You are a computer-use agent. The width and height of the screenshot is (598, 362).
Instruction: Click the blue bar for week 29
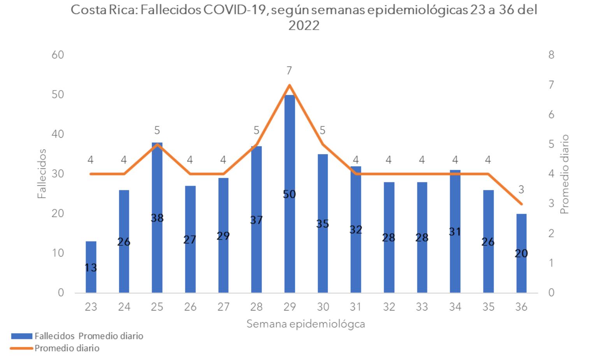pyautogui.click(x=289, y=234)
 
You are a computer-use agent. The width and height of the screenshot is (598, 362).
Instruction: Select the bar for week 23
pyautogui.click(x=91, y=273)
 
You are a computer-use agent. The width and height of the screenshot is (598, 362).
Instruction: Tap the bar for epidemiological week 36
pyautogui.click(x=521, y=273)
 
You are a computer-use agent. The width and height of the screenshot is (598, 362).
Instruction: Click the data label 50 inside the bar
pyautogui.click(x=289, y=194)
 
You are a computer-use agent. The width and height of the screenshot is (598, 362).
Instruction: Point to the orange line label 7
pyautogui.click(x=289, y=71)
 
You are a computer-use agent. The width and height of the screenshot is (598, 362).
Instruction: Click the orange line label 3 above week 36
pyautogui.click(x=521, y=190)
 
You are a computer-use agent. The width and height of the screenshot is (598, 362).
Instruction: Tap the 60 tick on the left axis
pyautogui.click(x=58, y=55)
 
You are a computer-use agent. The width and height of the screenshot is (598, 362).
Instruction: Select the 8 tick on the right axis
pyautogui.click(x=551, y=55)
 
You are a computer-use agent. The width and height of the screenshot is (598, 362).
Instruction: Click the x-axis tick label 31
pyautogui.click(x=355, y=307)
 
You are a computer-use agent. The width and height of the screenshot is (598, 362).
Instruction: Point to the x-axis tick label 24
pyautogui.click(x=124, y=307)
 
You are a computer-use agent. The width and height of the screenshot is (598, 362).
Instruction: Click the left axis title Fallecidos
pyautogui.click(x=42, y=174)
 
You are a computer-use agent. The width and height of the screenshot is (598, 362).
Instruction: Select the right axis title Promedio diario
pyautogui.click(x=565, y=174)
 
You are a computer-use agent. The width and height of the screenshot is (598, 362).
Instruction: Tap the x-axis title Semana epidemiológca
pyautogui.click(x=306, y=324)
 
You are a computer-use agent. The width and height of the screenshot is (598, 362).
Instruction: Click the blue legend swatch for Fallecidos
pyautogui.click(x=21, y=336)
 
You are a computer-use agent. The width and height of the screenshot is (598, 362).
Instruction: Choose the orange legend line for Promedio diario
pyautogui.click(x=21, y=348)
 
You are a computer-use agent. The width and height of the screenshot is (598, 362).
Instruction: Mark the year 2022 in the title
pyautogui.click(x=304, y=26)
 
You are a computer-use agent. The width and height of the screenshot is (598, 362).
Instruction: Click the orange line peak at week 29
pyautogui.click(x=289, y=85)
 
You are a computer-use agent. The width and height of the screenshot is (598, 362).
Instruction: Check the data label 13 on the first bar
pyautogui.click(x=91, y=268)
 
